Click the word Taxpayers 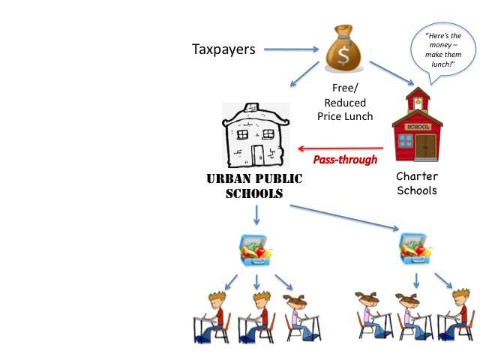[x=223, y=49]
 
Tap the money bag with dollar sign [x=344, y=50]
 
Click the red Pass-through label [x=344, y=159]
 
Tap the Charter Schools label [x=417, y=184]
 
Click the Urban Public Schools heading [x=256, y=185]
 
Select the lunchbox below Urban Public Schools [x=256, y=250]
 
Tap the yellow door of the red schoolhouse [x=425, y=145]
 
